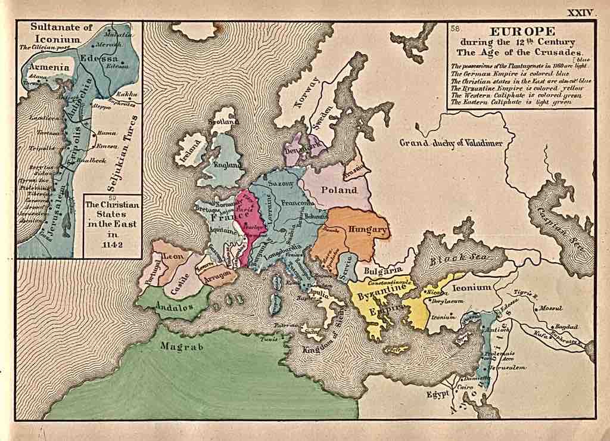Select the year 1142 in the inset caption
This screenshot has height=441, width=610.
(x=112, y=244)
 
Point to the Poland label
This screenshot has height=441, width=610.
(x=339, y=190)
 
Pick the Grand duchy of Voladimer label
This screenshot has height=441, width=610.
(x=451, y=143)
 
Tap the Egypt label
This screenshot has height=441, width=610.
(x=437, y=394)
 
